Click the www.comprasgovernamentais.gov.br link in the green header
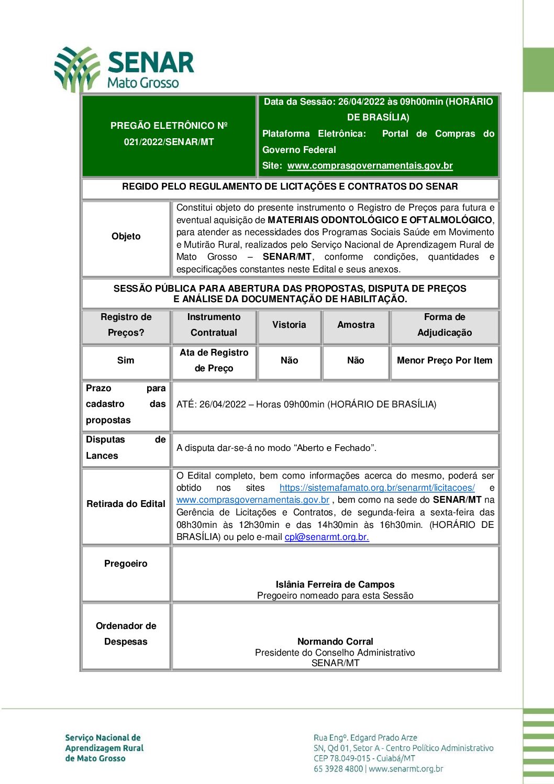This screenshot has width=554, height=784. [370, 165]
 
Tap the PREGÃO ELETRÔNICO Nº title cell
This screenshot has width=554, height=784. [169, 134]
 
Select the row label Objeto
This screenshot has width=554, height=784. [126, 236]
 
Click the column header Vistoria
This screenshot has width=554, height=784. [289, 325]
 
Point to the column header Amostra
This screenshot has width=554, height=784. [356, 325]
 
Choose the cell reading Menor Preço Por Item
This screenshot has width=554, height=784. [445, 360]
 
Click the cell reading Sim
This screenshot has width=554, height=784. [126, 360]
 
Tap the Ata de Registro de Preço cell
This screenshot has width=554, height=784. [214, 360]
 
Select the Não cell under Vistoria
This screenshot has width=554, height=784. [289, 360]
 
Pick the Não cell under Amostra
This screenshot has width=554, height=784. [356, 360]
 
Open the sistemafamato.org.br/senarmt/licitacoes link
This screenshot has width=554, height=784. [377, 488]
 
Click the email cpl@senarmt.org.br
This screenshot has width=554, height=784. [327, 537]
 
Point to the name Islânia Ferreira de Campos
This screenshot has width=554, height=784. [335, 584]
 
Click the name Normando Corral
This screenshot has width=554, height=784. [335, 642]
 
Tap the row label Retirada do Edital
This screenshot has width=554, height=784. [126, 504]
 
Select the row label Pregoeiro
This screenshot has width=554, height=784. [126, 564]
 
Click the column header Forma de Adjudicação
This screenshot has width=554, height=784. [445, 325]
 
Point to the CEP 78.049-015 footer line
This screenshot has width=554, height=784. [364, 758]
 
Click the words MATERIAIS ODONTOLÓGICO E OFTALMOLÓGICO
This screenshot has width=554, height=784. [380, 220]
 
